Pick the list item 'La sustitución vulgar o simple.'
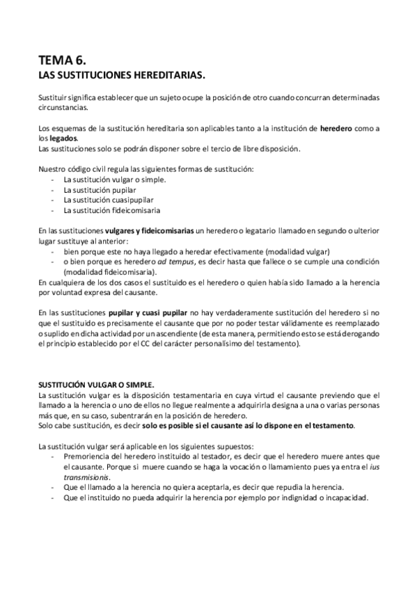click(115, 180)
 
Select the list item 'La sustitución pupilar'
click(100, 189)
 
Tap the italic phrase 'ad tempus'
click(171, 261)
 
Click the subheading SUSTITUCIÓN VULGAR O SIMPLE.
click(97, 384)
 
